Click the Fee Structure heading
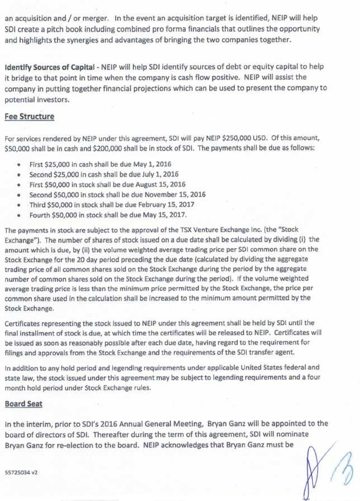30,117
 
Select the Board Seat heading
24,403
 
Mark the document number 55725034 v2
21,472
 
